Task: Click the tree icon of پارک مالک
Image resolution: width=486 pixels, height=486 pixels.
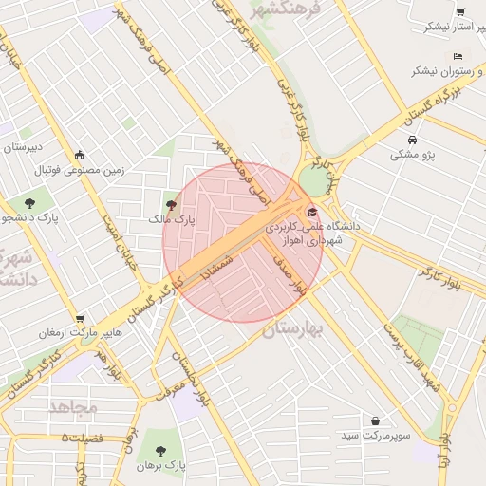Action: tap(171, 203)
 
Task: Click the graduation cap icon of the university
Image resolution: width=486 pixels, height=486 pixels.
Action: tap(313, 212)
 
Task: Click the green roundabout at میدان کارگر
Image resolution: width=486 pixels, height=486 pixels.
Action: tap(311, 180)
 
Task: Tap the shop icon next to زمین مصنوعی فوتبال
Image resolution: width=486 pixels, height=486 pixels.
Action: tap(79, 156)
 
